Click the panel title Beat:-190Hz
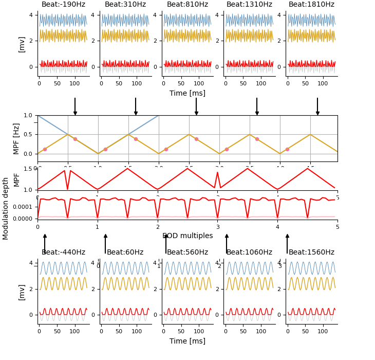click(x=63, y=5)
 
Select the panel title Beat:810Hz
click(x=188, y=5)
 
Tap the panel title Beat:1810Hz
click(x=311, y=5)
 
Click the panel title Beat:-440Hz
click(x=63, y=253)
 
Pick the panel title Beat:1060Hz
click(x=249, y=253)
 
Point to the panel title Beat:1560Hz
click(x=311, y=253)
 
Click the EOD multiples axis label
click(x=188, y=236)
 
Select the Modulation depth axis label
click(x=6, y=208)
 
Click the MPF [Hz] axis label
click(x=16, y=138)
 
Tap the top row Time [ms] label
click(x=188, y=94)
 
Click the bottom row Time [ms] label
click(x=188, y=341)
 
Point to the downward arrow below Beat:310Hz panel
click(x=136, y=107)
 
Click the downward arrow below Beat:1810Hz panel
click(x=317, y=107)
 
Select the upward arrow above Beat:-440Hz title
click(x=45, y=243)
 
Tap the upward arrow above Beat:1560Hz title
click(x=287, y=243)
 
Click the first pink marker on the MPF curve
click(x=45, y=149)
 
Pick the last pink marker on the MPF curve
click(x=287, y=149)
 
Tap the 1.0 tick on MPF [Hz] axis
click(x=28, y=115)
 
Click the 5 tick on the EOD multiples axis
click(x=338, y=227)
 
